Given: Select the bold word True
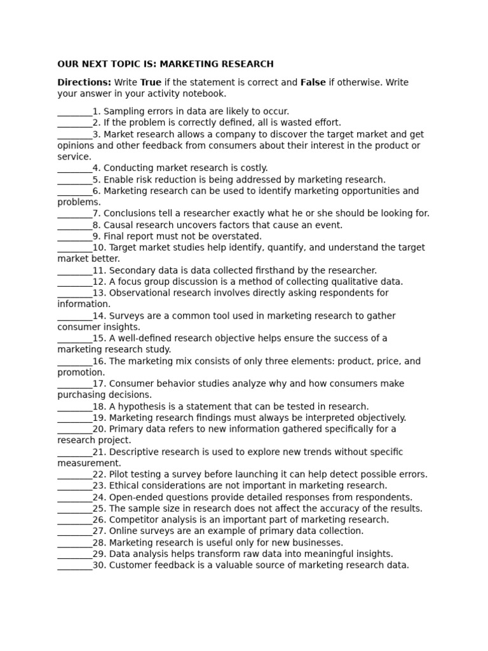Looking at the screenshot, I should [151, 82].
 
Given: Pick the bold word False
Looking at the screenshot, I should [313, 82].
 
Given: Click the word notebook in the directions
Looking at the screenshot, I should [205, 93].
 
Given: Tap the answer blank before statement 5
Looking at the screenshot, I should [74, 180].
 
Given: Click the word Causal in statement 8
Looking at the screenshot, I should [119, 225].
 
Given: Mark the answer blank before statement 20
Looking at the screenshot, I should [74, 429].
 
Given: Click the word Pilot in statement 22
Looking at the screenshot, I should [120, 474].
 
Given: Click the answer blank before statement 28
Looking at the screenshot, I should [74, 542].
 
